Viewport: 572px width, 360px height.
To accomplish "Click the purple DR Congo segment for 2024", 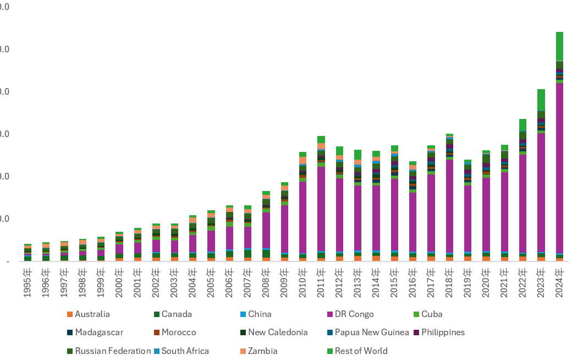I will [x=559, y=168].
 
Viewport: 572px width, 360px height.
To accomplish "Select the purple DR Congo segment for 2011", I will [x=321, y=209].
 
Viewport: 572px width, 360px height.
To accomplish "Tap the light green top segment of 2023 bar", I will [x=541, y=100].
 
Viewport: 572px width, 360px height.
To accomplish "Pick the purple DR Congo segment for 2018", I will [x=449, y=206].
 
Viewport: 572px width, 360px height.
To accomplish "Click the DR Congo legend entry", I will [x=354, y=314].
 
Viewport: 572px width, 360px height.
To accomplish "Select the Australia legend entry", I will [x=92, y=314].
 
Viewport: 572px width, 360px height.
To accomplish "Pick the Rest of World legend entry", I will [x=361, y=351].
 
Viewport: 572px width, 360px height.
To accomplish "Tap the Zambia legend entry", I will [x=263, y=351].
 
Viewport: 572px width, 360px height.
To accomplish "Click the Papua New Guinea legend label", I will [x=372, y=332].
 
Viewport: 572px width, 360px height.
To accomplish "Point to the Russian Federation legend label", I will [x=113, y=351].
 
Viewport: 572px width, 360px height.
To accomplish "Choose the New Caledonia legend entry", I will [x=278, y=332].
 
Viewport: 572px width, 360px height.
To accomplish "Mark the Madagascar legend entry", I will [x=99, y=332].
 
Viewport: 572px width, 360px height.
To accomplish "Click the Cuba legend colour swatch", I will [x=416, y=314].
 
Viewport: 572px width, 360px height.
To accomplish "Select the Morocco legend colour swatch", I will [x=156, y=332].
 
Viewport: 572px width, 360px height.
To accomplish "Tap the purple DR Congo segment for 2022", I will [x=522, y=204].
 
